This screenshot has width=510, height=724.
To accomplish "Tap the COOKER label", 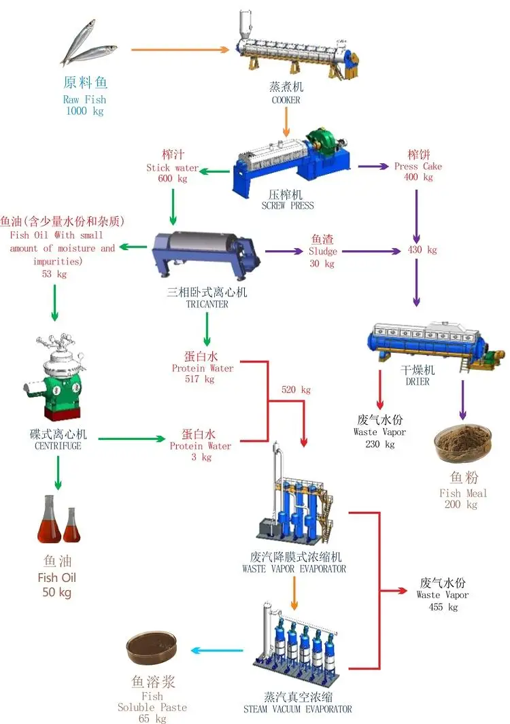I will (286, 100).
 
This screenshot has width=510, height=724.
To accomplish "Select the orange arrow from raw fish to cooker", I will (179, 50).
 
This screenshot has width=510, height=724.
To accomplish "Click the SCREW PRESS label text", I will (288, 205).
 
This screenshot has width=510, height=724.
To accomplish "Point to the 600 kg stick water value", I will (172, 179).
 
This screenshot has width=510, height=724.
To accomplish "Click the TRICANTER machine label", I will (207, 305).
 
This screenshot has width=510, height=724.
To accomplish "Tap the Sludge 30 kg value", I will (322, 264).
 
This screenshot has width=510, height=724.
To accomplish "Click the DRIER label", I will (418, 382).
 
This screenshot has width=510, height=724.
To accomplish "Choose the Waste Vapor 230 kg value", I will (379, 445).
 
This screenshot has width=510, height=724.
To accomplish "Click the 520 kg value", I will (296, 390).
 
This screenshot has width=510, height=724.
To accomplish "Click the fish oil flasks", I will (58, 521).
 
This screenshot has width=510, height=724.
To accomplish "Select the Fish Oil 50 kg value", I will (57, 592).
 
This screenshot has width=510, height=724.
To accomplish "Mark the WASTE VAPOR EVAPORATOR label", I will (294, 569).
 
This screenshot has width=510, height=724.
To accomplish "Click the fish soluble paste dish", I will (152, 649).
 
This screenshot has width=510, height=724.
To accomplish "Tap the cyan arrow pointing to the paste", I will (216, 651).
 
